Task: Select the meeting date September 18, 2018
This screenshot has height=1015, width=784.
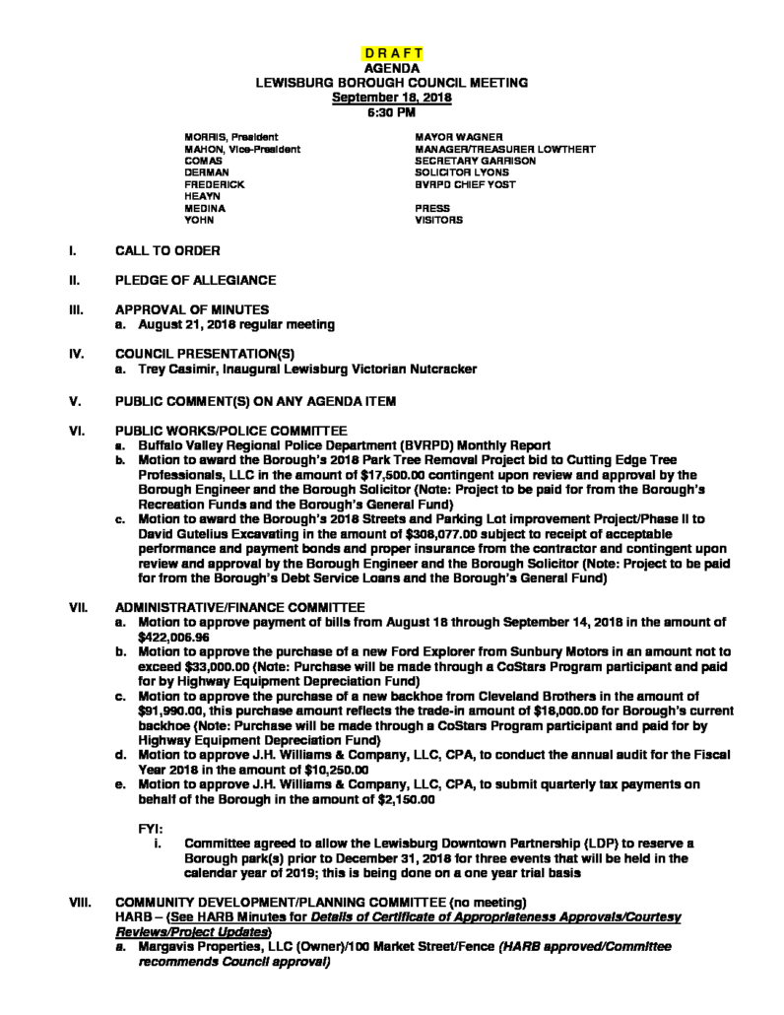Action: (x=391, y=98)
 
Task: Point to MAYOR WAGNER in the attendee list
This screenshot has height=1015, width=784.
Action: (x=459, y=136)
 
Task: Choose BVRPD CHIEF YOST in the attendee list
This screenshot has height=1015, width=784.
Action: (x=465, y=184)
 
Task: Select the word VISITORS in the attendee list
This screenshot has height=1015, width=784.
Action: (x=438, y=221)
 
